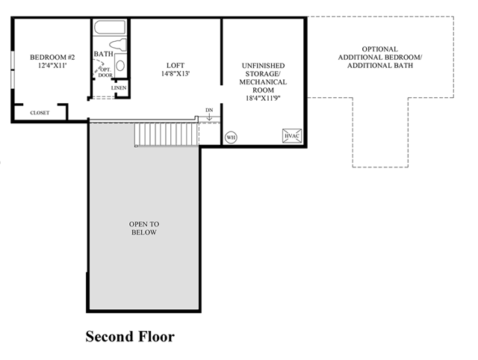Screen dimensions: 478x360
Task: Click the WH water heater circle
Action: [231, 137]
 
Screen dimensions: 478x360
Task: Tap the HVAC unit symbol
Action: [292, 136]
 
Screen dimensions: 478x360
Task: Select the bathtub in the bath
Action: [110, 28]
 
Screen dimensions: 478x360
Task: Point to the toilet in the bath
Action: [118, 45]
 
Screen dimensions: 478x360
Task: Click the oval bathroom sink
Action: [120, 66]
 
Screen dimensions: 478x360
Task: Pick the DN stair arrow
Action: [209, 117]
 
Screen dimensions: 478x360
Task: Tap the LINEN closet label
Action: [119, 88]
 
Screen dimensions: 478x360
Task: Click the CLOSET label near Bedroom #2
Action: [40, 113]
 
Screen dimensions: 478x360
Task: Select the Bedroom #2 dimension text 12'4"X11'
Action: [52, 65]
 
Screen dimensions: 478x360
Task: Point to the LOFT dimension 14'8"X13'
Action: [176, 73]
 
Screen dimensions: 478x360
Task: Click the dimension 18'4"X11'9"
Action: [263, 98]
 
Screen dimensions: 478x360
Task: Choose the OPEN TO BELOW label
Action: [144, 228]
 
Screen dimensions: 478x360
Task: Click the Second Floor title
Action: [130, 337]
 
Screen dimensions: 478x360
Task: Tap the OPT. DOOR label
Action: [105, 72]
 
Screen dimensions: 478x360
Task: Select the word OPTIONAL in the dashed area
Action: [380, 49]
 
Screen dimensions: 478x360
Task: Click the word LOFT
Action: [176, 65]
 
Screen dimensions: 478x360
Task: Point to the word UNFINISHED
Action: [263, 66]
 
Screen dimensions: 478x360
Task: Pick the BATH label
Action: [103, 54]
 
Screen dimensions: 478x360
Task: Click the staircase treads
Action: [167, 134]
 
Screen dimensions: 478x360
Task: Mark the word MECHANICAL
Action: [263, 82]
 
